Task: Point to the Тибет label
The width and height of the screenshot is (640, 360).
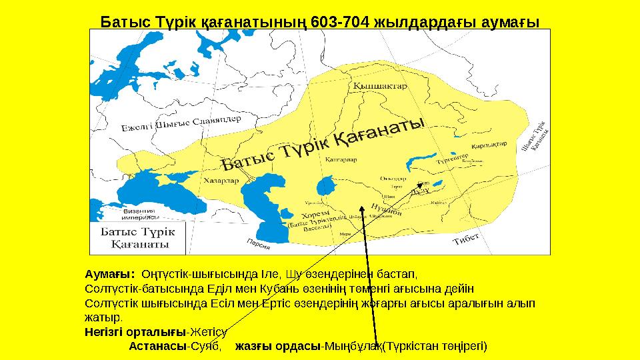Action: [467, 239]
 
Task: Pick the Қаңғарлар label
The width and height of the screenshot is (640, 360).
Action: [341, 159]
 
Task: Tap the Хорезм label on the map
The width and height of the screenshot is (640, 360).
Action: [313, 215]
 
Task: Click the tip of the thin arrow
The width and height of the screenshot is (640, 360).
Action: [422, 183]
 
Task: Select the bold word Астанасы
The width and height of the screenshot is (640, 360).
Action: [158, 346]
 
